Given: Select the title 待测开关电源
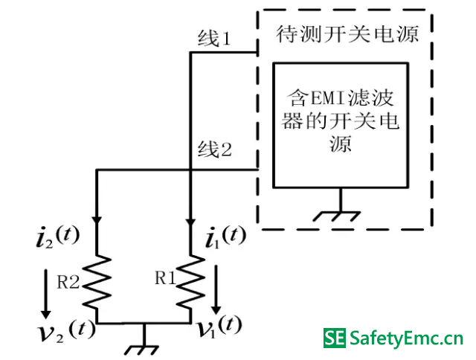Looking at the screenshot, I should (347, 34).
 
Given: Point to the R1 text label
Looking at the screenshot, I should (165, 278).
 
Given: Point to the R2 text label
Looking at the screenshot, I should (68, 280).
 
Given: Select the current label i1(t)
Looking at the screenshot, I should (225, 237).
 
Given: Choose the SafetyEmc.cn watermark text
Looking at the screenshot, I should (406, 340).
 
